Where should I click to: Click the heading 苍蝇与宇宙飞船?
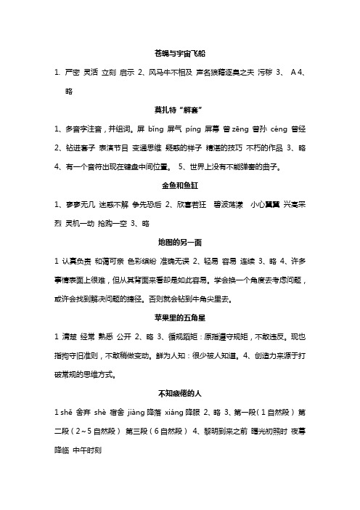coord(179,53)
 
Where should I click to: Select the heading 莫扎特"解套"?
coord(179,110)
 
